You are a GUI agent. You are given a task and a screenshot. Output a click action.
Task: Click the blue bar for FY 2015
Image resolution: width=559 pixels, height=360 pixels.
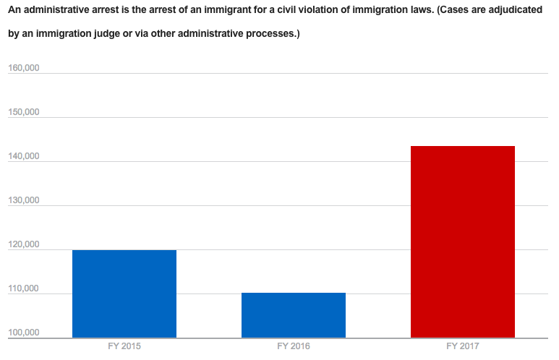tap(124, 293)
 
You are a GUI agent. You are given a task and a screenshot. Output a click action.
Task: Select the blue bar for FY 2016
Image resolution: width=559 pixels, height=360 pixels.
tap(294, 315)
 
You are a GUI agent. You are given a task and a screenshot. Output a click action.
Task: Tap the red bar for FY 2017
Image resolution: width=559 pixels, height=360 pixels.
tap(463, 241)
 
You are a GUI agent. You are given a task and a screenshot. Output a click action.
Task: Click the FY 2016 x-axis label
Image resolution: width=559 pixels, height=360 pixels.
tap(293, 347)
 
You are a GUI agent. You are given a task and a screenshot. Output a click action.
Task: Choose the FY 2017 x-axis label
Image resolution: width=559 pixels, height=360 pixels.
tap(463, 347)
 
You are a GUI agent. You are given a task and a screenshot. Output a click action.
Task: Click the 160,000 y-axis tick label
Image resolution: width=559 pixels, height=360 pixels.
tap(23, 69)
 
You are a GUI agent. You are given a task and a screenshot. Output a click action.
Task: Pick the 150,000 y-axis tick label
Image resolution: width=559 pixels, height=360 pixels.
tap(23, 113)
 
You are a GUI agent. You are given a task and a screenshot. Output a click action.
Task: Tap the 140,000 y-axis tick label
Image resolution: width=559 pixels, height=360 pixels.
tap(23, 156)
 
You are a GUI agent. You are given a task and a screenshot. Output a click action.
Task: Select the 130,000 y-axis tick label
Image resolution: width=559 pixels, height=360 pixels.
tap(23, 200)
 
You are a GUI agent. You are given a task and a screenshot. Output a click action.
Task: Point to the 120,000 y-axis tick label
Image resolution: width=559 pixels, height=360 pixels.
tap(23, 244)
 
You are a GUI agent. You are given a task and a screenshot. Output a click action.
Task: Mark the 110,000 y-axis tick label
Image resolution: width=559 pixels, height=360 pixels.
tap(23, 289)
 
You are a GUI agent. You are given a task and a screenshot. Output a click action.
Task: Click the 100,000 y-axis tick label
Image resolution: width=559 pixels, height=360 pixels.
tap(23, 333)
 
